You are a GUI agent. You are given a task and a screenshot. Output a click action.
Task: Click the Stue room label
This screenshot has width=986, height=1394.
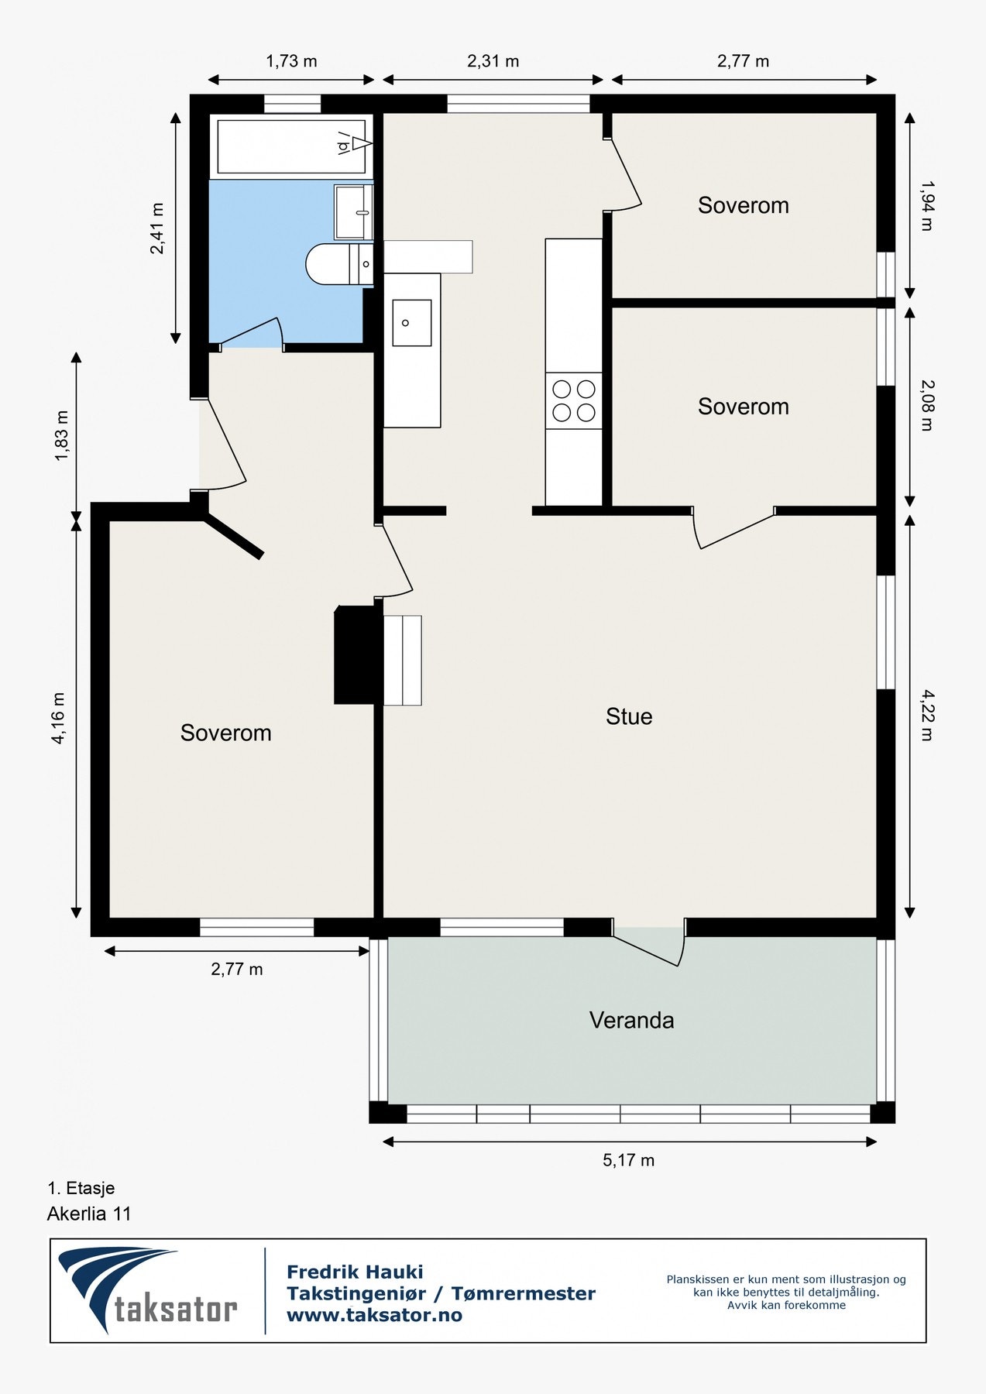pyautogui.click(x=629, y=716)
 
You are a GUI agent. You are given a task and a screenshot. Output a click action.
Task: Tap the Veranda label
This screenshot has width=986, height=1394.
pyautogui.click(x=631, y=1020)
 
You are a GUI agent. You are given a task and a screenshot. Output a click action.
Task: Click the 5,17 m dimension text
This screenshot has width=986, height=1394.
pyautogui.click(x=629, y=1160)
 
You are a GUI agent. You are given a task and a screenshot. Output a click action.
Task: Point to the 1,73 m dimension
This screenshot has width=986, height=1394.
pyautogui.click(x=291, y=61)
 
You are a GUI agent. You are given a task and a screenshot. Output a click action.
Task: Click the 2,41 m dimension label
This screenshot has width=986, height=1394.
pyautogui.click(x=157, y=228)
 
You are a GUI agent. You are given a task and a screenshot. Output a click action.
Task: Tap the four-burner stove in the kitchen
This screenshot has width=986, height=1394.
pyautogui.click(x=574, y=400)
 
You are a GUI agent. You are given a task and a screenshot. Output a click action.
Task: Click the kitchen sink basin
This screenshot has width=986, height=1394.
pyautogui.click(x=412, y=322)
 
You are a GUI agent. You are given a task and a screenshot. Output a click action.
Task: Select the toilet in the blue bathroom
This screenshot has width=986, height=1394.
pyautogui.click(x=339, y=264)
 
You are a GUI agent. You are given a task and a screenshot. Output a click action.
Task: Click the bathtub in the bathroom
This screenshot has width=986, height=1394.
pyautogui.click(x=292, y=146)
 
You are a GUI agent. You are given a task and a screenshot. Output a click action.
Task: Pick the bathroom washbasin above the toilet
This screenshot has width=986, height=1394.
pyautogui.click(x=354, y=211)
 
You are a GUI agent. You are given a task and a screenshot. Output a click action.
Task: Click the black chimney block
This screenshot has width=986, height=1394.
pyautogui.click(x=359, y=655)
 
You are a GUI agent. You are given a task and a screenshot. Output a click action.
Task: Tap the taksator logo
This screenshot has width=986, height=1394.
pyautogui.click(x=148, y=1289)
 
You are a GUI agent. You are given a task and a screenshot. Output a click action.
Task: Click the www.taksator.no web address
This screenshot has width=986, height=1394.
pyautogui.click(x=374, y=1315)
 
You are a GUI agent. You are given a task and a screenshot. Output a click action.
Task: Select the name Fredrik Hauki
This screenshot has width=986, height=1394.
pyautogui.click(x=355, y=1272)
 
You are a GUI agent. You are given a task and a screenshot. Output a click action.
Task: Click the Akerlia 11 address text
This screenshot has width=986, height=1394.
pyautogui.click(x=89, y=1214)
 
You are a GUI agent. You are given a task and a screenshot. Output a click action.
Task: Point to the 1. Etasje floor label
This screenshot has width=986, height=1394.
pyautogui.click(x=81, y=1188)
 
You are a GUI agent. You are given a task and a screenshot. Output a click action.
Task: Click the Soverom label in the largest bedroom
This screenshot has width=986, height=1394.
pyautogui.click(x=225, y=733)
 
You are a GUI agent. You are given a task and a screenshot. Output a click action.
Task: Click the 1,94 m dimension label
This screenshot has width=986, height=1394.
pyautogui.click(x=926, y=205)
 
